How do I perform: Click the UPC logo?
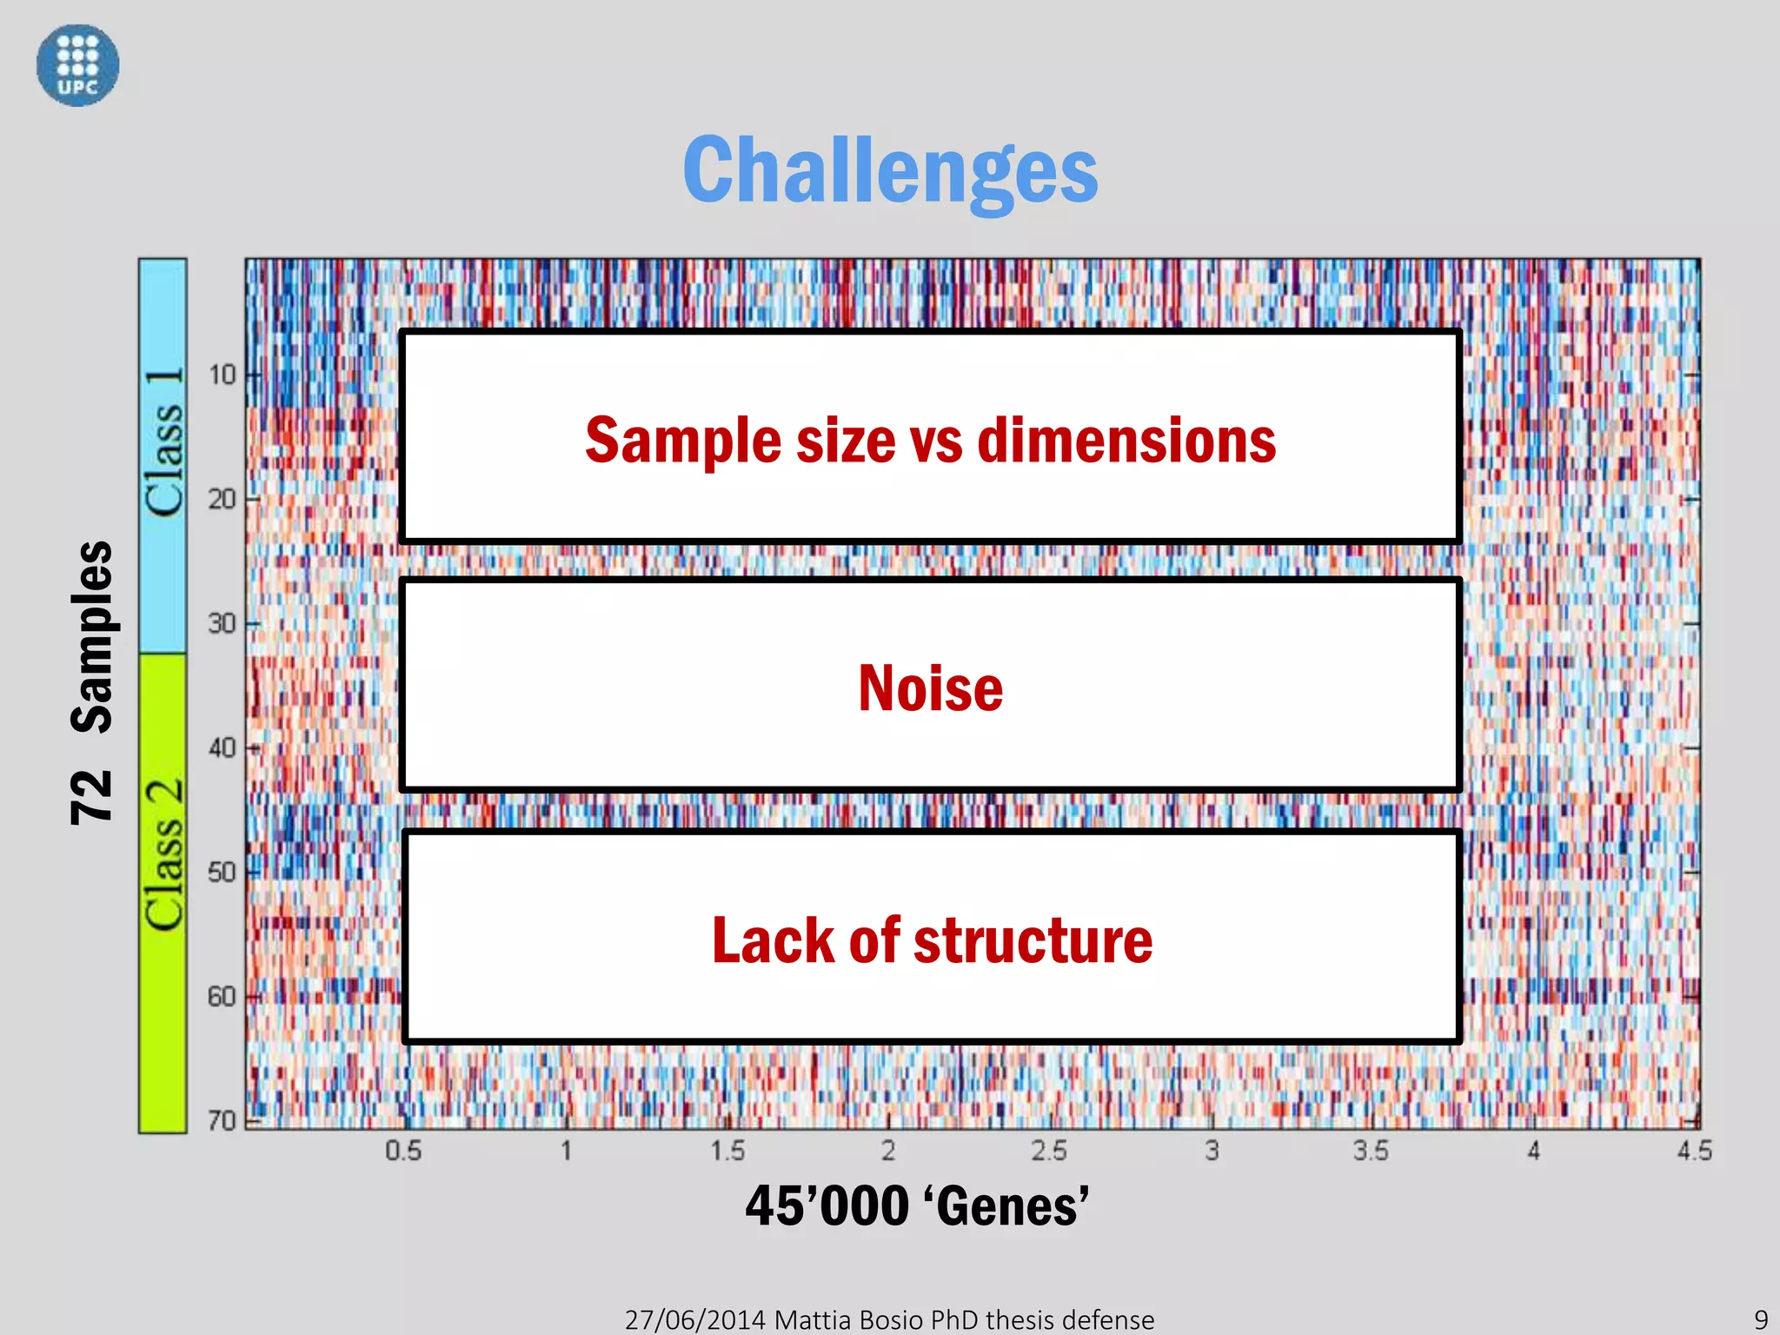point(77,65)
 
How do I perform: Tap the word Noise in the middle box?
point(930,688)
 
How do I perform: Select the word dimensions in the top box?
point(1126,441)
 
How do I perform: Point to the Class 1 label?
point(163,442)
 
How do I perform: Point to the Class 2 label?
point(163,855)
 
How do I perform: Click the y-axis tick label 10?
point(222,375)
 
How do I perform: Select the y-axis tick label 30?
point(222,623)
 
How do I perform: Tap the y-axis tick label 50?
point(222,872)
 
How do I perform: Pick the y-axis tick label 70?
point(222,1121)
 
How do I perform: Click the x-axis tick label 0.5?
point(403,1152)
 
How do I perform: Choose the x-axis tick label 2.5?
point(1048,1152)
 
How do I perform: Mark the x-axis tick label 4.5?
point(1694,1152)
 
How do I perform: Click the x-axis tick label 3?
point(1212,1152)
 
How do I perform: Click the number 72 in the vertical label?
point(91,796)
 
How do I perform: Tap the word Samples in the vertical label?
point(91,637)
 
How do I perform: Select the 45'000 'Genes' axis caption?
point(917,1206)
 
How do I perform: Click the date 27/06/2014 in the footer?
point(694,1319)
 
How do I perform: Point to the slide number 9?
point(1761,1319)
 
